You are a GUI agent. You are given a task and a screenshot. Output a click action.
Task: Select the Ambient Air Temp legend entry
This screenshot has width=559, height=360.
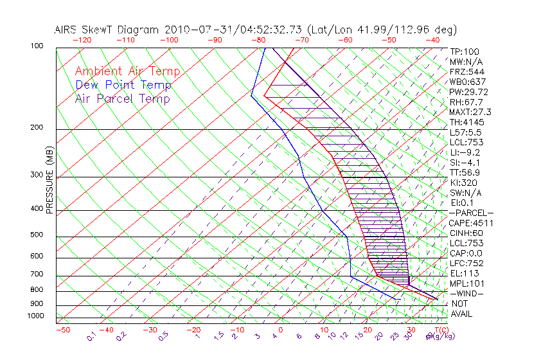click(x=127, y=71)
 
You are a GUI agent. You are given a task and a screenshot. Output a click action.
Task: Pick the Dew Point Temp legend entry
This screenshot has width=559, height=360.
click(x=123, y=85)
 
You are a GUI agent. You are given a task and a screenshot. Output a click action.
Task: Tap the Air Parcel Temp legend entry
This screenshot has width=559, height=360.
click(x=122, y=98)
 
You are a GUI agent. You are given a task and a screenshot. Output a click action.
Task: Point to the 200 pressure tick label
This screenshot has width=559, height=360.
click(x=37, y=127)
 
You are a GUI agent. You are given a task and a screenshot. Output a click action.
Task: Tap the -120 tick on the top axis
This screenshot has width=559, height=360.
click(x=82, y=40)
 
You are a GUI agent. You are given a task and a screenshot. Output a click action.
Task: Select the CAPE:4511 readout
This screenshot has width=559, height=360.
click(x=470, y=223)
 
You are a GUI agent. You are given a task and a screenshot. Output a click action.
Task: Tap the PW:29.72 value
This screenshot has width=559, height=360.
click(x=469, y=92)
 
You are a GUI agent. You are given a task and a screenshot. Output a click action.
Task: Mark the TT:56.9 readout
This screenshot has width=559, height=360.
click(x=465, y=172)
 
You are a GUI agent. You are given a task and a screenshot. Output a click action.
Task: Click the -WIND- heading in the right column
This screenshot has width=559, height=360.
click(x=466, y=293)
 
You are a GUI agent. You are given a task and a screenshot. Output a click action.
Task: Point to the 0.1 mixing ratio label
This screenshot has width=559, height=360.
click(x=91, y=335)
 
